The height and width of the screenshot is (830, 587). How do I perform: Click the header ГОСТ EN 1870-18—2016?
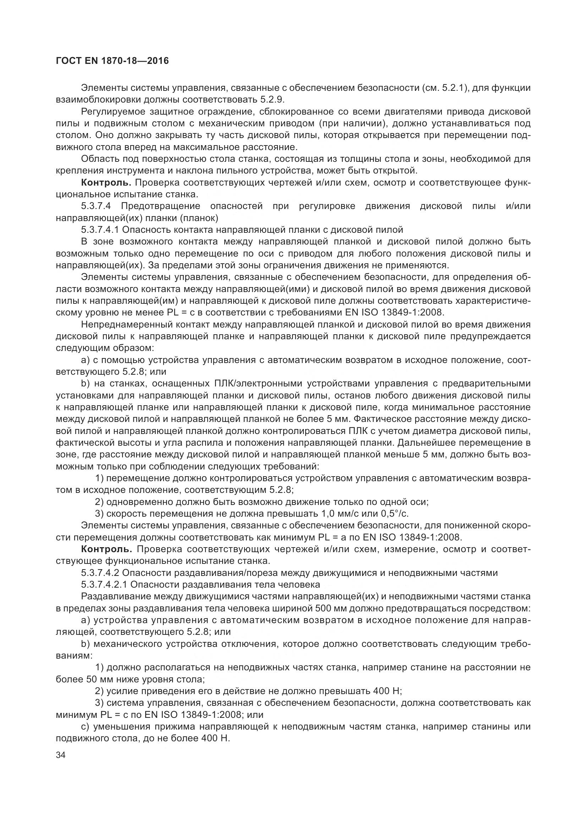pyautogui.click(x=113, y=61)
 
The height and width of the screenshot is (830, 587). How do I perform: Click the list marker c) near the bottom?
pyautogui.click(x=85, y=726)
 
